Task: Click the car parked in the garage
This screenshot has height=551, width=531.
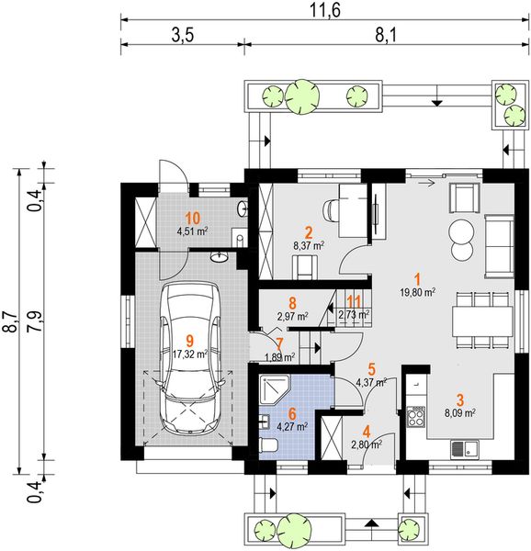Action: click(190, 358)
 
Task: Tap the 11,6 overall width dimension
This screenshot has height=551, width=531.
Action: click(325, 10)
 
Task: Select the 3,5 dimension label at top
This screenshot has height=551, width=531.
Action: click(183, 36)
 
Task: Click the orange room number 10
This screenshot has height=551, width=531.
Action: click(192, 219)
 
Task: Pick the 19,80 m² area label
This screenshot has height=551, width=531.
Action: click(418, 291)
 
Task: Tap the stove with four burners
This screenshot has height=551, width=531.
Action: click(416, 416)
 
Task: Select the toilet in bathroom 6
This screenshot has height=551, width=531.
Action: click(269, 444)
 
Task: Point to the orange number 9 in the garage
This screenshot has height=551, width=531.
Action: click(189, 340)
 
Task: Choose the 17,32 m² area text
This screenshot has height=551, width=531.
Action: click(190, 354)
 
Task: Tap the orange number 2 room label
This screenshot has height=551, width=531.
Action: click(309, 232)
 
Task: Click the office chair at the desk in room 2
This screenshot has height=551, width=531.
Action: click(331, 210)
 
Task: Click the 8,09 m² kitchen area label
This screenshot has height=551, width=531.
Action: click(460, 413)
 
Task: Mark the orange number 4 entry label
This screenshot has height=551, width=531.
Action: click(367, 432)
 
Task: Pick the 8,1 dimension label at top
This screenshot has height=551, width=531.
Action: click(386, 36)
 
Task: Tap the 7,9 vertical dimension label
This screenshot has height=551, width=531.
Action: click(37, 321)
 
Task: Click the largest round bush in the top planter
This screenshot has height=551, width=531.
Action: click(302, 96)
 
